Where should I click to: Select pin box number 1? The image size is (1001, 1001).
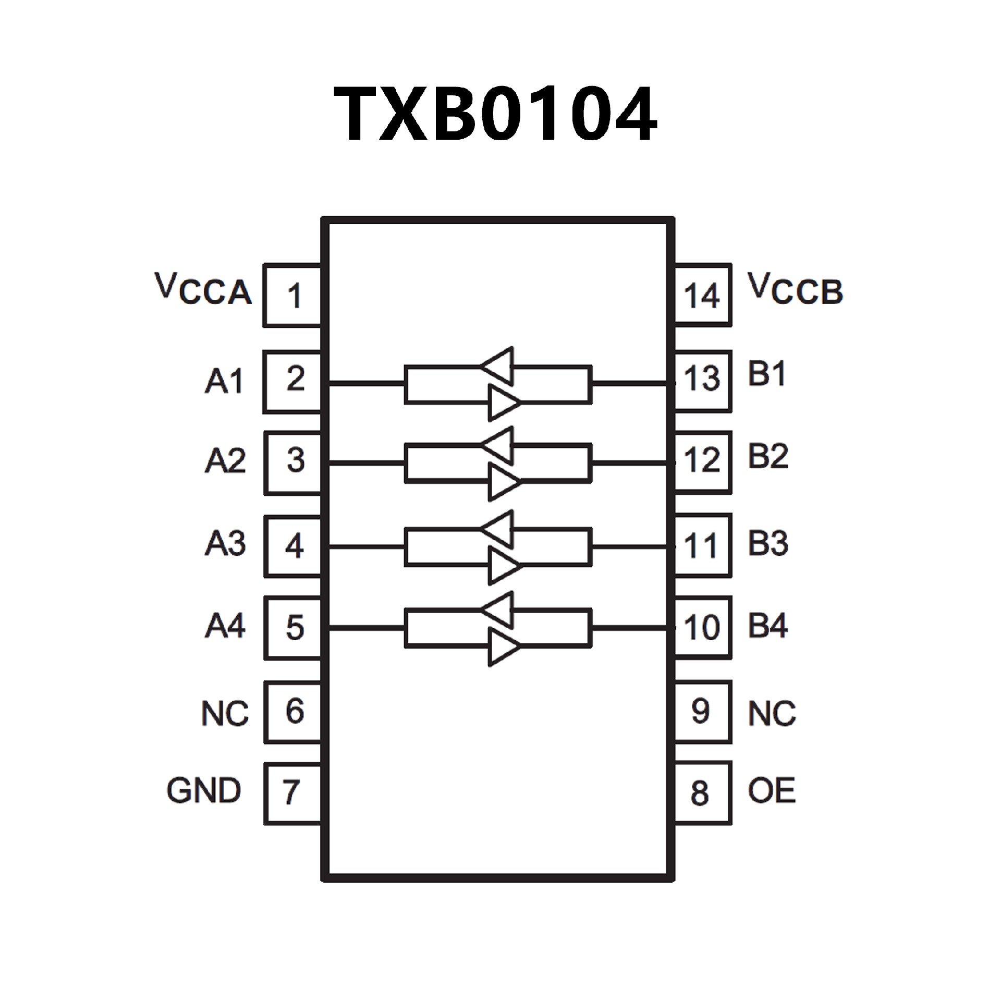click(292, 296)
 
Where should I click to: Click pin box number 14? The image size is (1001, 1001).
click(703, 296)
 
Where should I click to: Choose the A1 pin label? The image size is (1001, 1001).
click(224, 381)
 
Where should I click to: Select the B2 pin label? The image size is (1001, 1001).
click(768, 456)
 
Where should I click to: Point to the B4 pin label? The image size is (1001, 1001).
click(768, 626)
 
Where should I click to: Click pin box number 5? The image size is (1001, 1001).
click(293, 628)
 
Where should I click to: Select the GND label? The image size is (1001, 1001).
click(204, 790)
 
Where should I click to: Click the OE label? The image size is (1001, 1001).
click(772, 790)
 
